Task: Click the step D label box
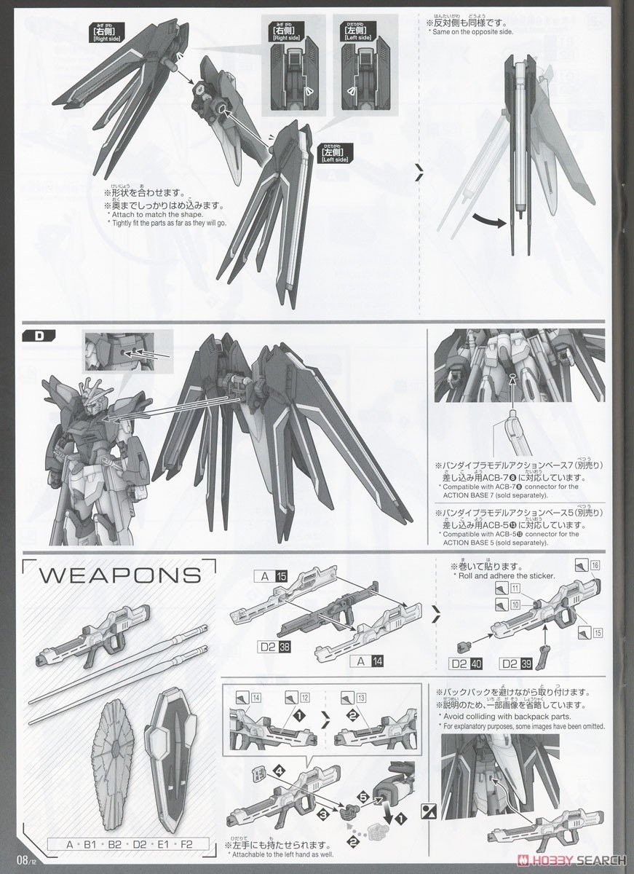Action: click(38, 336)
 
